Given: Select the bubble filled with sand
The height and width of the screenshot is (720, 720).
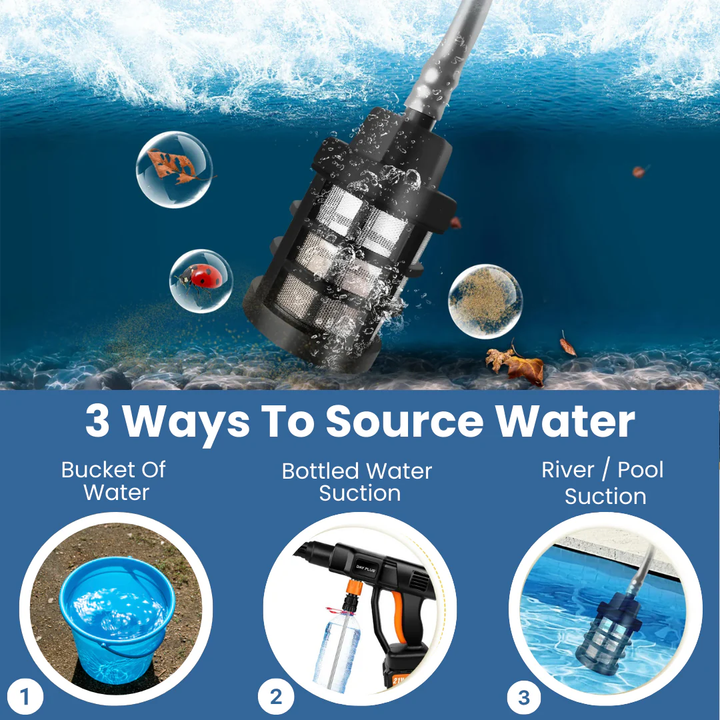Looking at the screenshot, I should tap(485, 302).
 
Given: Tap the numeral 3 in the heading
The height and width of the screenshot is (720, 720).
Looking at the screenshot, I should tap(97, 421).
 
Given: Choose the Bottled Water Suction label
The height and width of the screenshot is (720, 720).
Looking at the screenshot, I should tap(357, 482).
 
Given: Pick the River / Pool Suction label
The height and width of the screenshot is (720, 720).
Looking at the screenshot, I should tap(603, 483).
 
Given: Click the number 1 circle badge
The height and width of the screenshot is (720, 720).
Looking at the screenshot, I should tap(25, 697).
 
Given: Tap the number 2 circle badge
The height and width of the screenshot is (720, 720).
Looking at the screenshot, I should tap(275, 697).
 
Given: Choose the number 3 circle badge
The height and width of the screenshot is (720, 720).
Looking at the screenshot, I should tap(524, 698).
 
